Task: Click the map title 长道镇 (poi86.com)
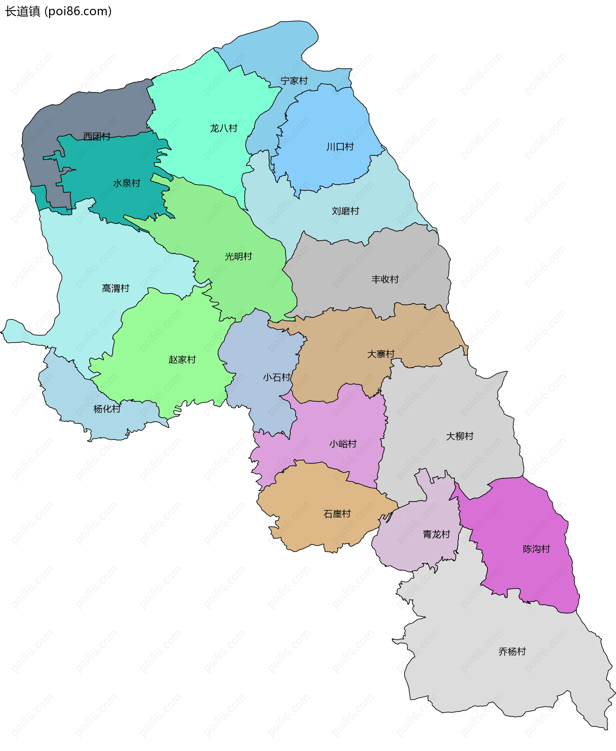pos(58,11)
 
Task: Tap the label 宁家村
pos(294,81)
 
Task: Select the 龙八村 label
pos(224,128)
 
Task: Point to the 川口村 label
pos(340,147)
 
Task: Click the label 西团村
pos(97,136)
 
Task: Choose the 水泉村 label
pos(127,183)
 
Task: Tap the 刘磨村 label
pos(345,211)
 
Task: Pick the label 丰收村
pos(385,279)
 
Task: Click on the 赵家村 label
pos(182,359)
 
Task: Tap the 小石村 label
pos(277,377)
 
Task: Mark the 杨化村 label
pos(107,409)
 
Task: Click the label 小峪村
pos(343,443)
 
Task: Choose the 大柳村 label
pos(459,436)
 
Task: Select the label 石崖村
pos(337,514)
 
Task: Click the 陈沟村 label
pos(536,549)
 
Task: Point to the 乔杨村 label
pos(512,651)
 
